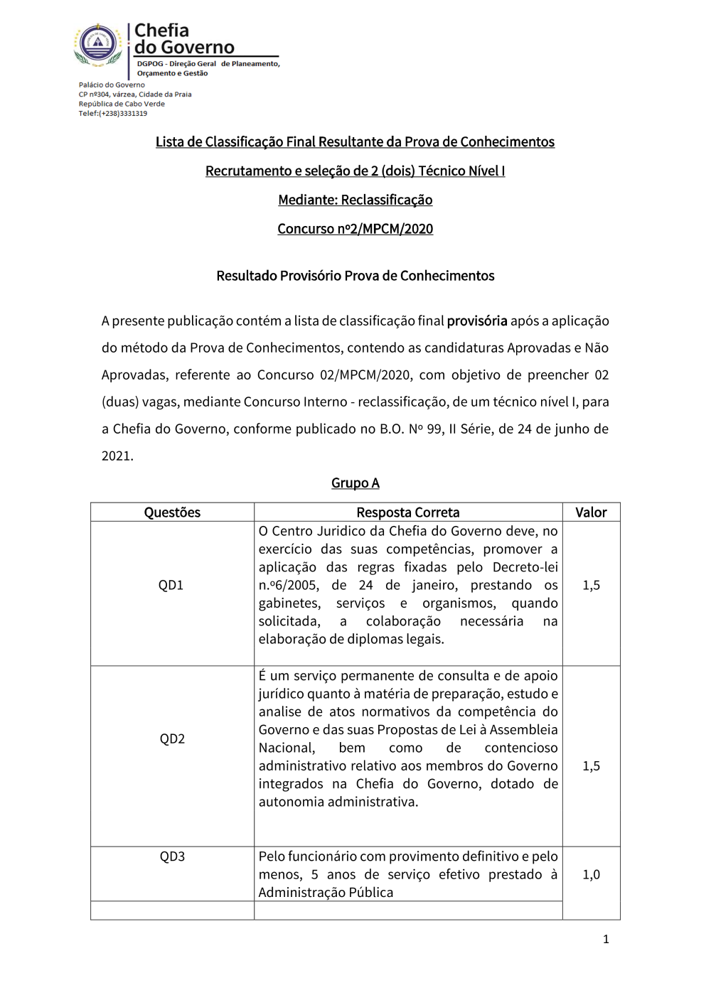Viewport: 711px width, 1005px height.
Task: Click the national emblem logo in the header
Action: click(x=98, y=45)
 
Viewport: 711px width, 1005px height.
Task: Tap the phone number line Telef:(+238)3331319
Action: click(x=112, y=114)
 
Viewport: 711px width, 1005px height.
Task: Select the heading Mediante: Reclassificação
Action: click(x=355, y=200)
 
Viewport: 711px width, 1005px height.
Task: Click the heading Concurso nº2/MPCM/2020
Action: click(x=355, y=229)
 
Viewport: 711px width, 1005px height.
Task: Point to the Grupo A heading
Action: click(x=355, y=483)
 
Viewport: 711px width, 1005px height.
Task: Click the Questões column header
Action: click(x=172, y=512)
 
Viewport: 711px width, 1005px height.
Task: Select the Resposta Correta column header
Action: click(x=408, y=512)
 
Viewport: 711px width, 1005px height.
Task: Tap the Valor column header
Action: click(x=591, y=512)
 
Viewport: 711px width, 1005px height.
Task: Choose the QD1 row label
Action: click(x=171, y=585)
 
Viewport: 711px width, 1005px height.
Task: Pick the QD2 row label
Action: click(x=172, y=738)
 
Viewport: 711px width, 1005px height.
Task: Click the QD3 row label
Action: click(x=172, y=856)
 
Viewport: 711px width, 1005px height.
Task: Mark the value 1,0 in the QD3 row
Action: click(x=591, y=875)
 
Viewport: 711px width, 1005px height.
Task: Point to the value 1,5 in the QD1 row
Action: click(x=591, y=585)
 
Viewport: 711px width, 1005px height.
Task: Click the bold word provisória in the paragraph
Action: click(x=477, y=321)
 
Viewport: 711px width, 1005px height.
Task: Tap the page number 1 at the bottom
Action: click(x=606, y=940)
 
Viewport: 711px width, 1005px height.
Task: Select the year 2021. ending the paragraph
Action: click(x=117, y=456)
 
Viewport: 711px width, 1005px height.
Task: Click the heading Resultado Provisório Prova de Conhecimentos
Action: click(x=355, y=276)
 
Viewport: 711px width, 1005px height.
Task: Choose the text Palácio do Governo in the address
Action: click(x=112, y=85)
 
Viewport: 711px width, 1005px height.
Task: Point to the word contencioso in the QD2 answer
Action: click(x=521, y=748)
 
